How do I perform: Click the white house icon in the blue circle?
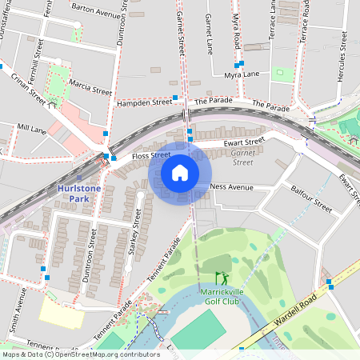(180, 173)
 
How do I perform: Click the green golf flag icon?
(221, 278)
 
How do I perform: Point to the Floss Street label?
(151, 155)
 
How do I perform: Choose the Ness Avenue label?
(231, 187)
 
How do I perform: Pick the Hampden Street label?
(144, 103)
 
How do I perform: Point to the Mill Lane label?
(32, 127)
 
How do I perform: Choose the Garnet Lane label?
(209, 34)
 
